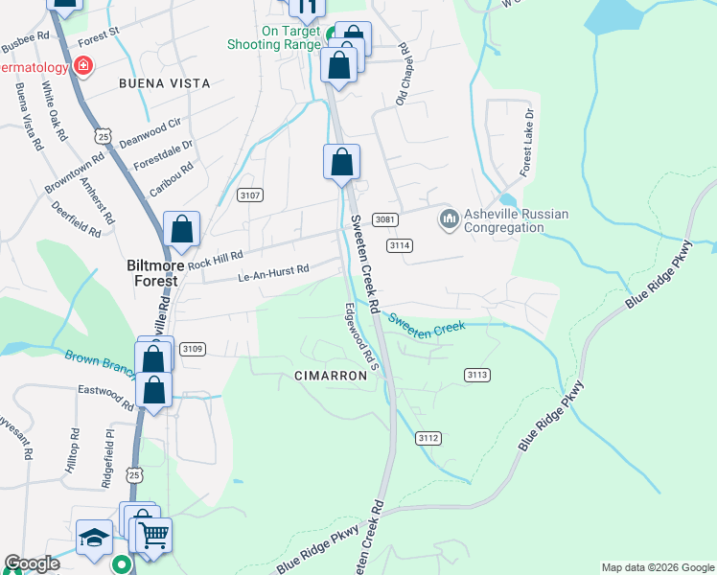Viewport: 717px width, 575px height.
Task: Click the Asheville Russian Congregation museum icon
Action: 449,220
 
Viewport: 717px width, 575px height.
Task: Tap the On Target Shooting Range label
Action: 274,37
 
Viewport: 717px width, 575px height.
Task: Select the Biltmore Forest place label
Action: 152,274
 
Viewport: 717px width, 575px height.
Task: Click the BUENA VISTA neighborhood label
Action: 164,83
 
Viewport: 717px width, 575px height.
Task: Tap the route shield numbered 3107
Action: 250,195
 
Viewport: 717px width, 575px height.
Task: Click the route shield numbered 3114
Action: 400,246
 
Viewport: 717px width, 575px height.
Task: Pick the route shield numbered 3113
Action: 476,374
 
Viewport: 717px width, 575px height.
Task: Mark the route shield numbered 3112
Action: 428,438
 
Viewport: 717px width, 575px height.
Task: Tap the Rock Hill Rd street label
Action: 216,257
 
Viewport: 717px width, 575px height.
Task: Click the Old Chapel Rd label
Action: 403,74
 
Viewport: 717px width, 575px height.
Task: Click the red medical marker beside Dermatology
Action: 84,66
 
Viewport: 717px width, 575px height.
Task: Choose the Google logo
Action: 33,563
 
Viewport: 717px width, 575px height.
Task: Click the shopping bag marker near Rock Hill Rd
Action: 182,230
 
